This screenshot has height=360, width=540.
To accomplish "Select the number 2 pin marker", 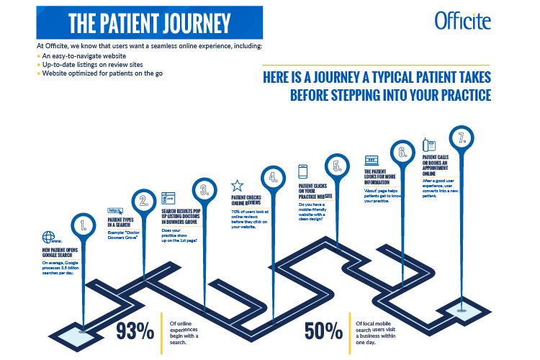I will click(x=144, y=202).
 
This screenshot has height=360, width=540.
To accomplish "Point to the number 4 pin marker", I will click(x=273, y=176).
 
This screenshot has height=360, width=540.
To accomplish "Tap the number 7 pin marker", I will click(x=462, y=137).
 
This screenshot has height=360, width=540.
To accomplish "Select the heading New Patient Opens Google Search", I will click(x=66, y=251).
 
